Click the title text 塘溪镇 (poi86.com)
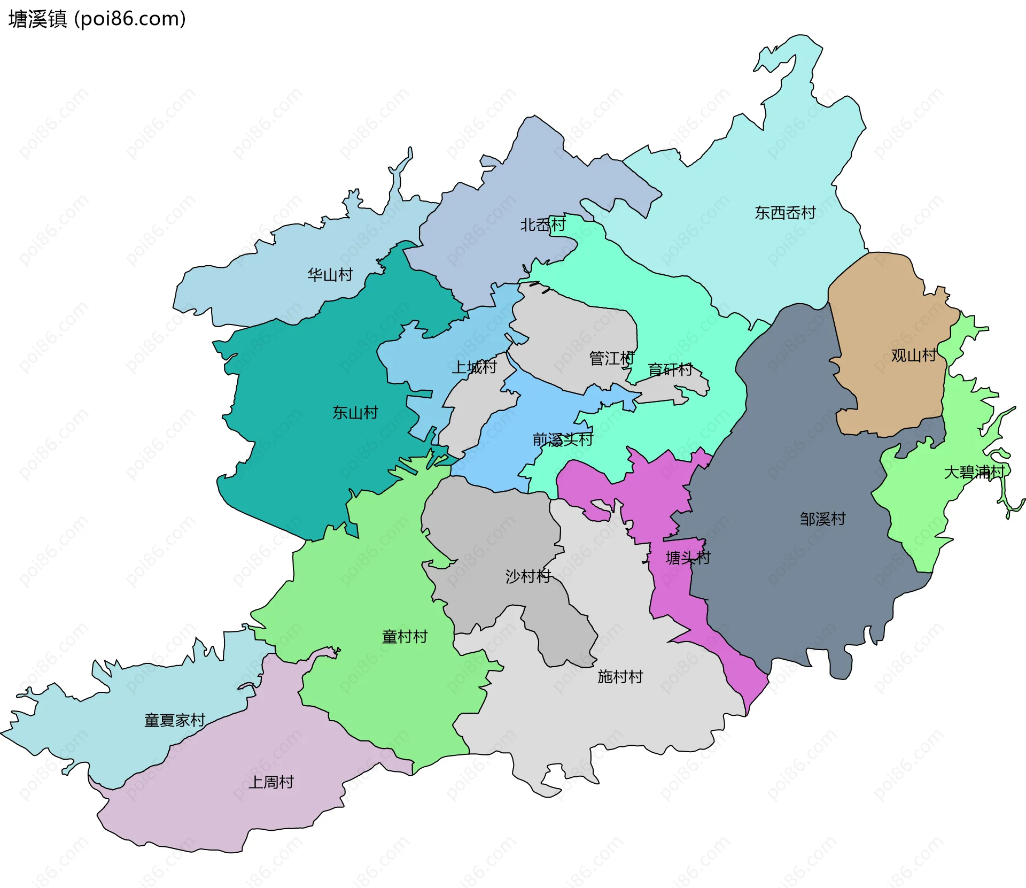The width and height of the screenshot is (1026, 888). click(97, 19)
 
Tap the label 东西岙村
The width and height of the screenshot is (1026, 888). click(784, 213)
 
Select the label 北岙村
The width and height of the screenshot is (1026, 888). click(542, 225)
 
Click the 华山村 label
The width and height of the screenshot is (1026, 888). click(330, 275)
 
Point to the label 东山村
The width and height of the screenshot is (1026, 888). click(355, 412)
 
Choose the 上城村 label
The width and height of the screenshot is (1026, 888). click(474, 367)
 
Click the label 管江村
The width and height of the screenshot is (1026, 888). click(611, 358)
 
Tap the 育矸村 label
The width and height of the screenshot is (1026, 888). click(670, 369)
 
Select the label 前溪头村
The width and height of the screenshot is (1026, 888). click(562, 439)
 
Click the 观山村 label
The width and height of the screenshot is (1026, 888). click(913, 355)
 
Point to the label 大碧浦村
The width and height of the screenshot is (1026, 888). click(974, 472)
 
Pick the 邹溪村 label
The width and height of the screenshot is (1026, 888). click(822, 519)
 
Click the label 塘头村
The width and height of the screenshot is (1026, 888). click(688, 558)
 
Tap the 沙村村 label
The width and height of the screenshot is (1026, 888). click(528, 576)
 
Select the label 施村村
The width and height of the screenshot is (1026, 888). click(620, 676)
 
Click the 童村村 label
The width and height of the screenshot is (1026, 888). click(405, 636)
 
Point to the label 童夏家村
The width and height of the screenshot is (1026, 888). click(175, 720)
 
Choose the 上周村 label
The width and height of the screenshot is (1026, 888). click(271, 782)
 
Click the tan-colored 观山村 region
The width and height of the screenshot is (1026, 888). click(887, 396)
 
